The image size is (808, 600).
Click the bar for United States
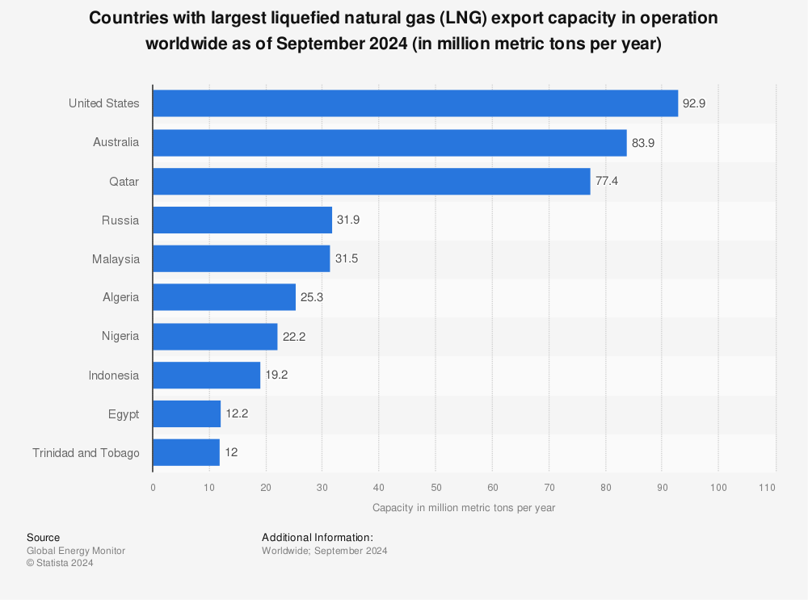415,103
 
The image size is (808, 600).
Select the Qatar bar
372,182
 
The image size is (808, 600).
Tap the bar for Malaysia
242,259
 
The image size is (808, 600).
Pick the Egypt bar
187,414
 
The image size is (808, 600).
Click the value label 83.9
643,143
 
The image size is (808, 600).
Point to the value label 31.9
348,220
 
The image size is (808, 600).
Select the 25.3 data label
312,298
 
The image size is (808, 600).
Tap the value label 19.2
276,376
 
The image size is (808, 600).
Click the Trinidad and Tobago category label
86,453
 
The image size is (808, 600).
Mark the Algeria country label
120,297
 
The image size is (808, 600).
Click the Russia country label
120,220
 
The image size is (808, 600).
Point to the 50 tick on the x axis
436,488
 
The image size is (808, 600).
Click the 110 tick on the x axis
768,488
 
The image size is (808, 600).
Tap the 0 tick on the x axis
153,488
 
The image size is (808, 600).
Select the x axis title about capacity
464,508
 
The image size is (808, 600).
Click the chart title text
403,31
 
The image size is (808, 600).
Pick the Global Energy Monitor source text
76,551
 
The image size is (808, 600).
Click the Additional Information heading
317,537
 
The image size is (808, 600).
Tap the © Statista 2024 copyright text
60,564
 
